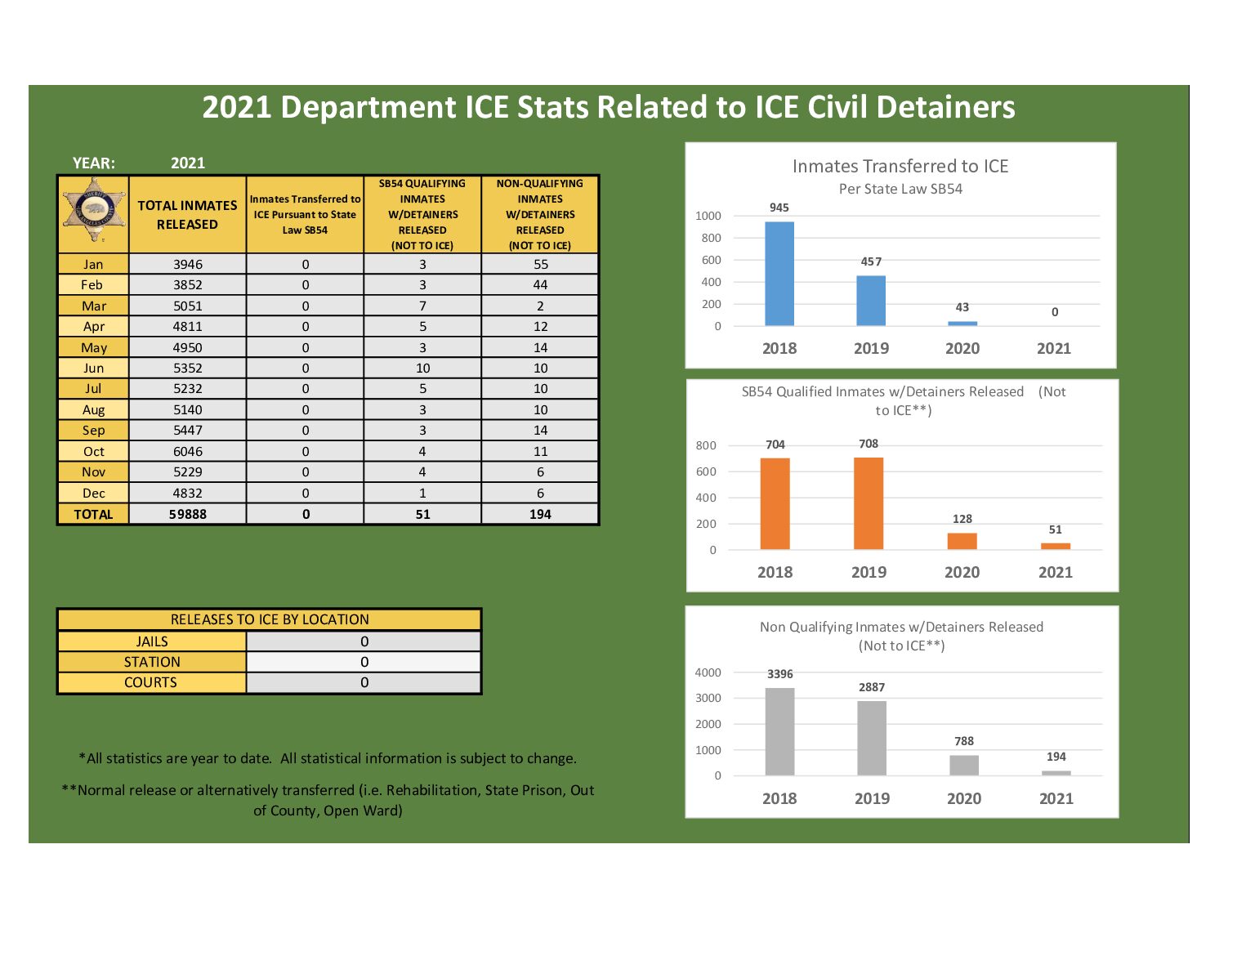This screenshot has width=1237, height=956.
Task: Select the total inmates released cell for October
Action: pyautogui.click(x=187, y=451)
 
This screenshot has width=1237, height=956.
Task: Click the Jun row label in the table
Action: pyautogui.click(x=93, y=368)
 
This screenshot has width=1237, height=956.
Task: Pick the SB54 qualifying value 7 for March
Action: pyautogui.click(x=422, y=306)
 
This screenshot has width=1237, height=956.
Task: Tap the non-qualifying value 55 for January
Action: pyautogui.click(x=540, y=264)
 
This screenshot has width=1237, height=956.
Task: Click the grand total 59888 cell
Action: pyautogui.click(x=187, y=514)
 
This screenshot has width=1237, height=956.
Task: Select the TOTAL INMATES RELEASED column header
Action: pyautogui.click(x=187, y=214)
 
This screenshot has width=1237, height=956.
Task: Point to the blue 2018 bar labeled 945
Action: pyautogui.click(x=779, y=274)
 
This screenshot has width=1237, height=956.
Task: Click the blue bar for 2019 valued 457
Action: pyautogui.click(x=871, y=301)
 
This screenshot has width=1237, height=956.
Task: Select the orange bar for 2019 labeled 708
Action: pyautogui.click(x=869, y=503)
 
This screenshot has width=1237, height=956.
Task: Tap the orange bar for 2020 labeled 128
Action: pyautogui.click(x=962, y=541)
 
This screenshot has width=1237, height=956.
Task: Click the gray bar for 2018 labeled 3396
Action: pyautogui.click(x=779, y=731)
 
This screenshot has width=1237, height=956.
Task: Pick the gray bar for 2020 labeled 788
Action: pyautogui.click(x=964, y=765)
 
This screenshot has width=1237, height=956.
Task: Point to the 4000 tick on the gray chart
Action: pyautogui.click(x=708, y=672)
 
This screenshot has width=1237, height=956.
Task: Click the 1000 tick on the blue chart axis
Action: pyautogui.click(x=708, y=216)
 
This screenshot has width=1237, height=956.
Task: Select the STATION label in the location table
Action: pyautogui.click(x=152, y=662)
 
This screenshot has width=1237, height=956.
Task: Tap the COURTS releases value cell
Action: pyautogui.click(x=364, y=682)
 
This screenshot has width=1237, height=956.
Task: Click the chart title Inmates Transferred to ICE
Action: pyautogui.click(x=900, y=166)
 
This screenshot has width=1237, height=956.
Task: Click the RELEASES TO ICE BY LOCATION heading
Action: pyautogui.click(x=270, y=619)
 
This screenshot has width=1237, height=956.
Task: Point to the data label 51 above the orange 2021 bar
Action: pyautogui.click(x=1055, y=529)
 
